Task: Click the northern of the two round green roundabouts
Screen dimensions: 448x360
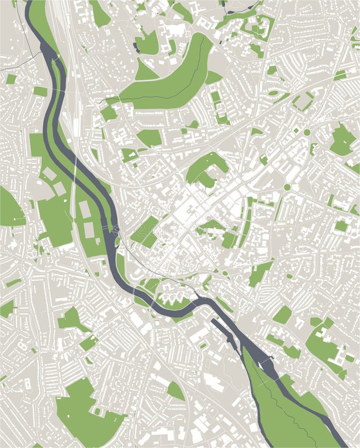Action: pyautogui.click(x=307, y=132)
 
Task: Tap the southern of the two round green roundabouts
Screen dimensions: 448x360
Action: pyautogui.click(x=287, y=187)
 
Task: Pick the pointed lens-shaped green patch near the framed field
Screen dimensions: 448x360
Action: pyautogui.click(x=273, y=93)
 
